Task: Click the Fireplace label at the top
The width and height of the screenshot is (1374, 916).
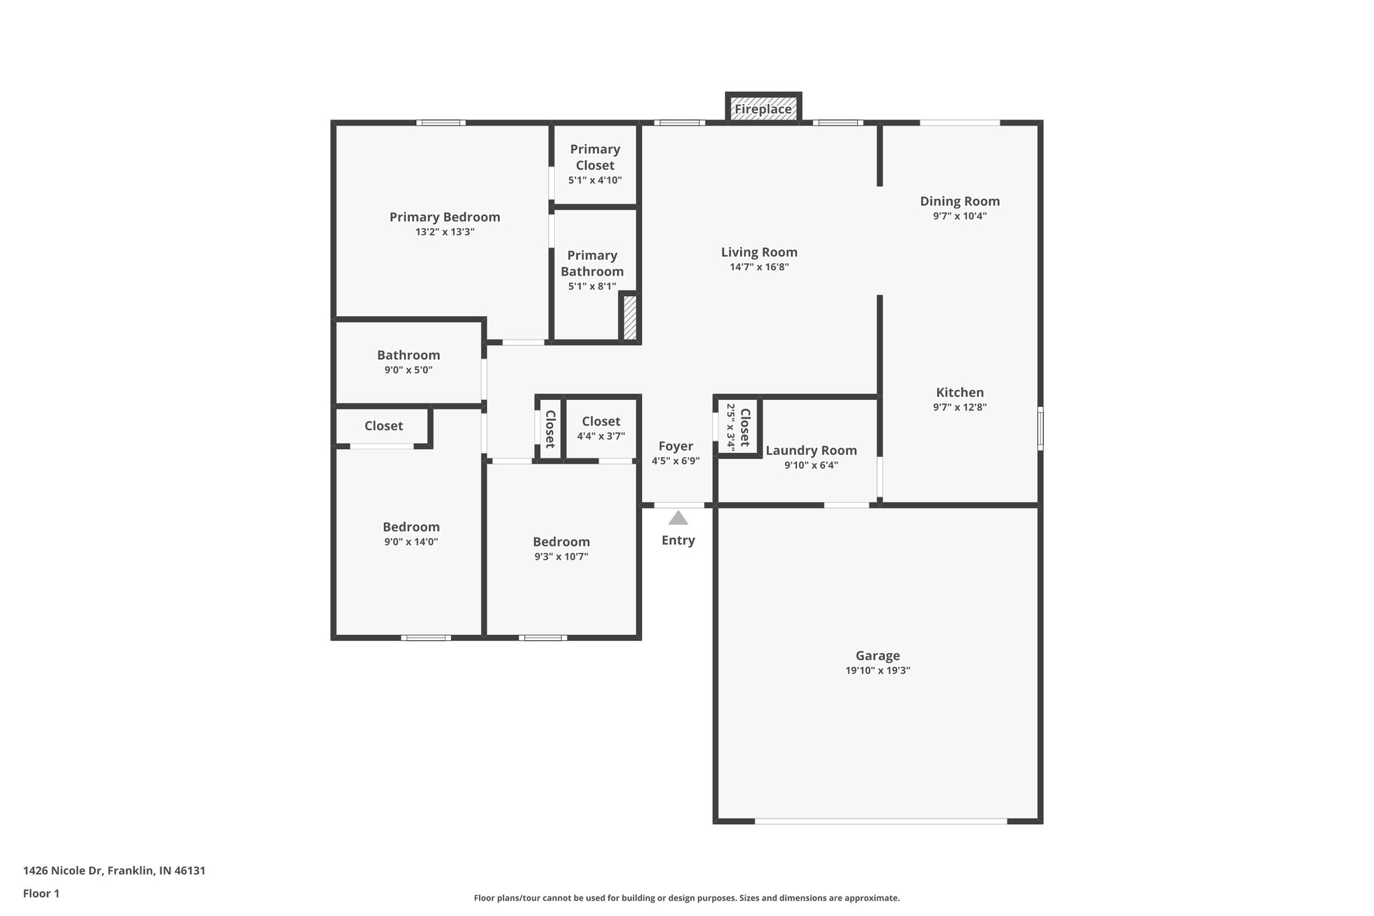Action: [x=763, y=109]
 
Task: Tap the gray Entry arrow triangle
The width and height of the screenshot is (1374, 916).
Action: [x=678, y=518]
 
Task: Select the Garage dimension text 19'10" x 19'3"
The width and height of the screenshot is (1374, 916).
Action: [x=878, y=670]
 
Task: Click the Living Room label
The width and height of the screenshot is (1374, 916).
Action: [x=759, y=252]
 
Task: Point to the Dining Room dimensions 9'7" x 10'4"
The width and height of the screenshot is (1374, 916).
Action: [x=959, y=216]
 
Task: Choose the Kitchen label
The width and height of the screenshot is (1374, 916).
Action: [x=959, y=393]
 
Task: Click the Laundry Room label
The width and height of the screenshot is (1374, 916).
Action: [x=811, y=450]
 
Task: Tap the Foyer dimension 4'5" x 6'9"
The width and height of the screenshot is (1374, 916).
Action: [x=676, y=461]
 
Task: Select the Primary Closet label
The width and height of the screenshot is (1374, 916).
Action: [x=595, y=157]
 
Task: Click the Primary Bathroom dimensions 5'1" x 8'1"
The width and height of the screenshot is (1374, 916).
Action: [x=592, y=287]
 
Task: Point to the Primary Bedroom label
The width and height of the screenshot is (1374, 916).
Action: [x=445, y=217]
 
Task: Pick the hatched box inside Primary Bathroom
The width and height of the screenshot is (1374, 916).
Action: [x=630, y=318]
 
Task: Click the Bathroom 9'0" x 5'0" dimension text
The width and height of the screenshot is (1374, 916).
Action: [x=408, y=370]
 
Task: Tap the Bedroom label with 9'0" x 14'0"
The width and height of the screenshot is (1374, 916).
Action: [x=411, y=527]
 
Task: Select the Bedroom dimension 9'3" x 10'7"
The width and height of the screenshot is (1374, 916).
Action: [x=561, y=556]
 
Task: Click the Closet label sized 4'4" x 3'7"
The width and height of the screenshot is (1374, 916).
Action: [x=600, y=421]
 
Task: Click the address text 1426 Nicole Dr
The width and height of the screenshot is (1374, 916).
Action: [x=114, y=870]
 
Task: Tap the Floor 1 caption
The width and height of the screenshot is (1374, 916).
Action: [x=41, y=893]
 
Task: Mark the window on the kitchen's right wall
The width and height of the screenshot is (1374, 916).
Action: [x=1040, y=428]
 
